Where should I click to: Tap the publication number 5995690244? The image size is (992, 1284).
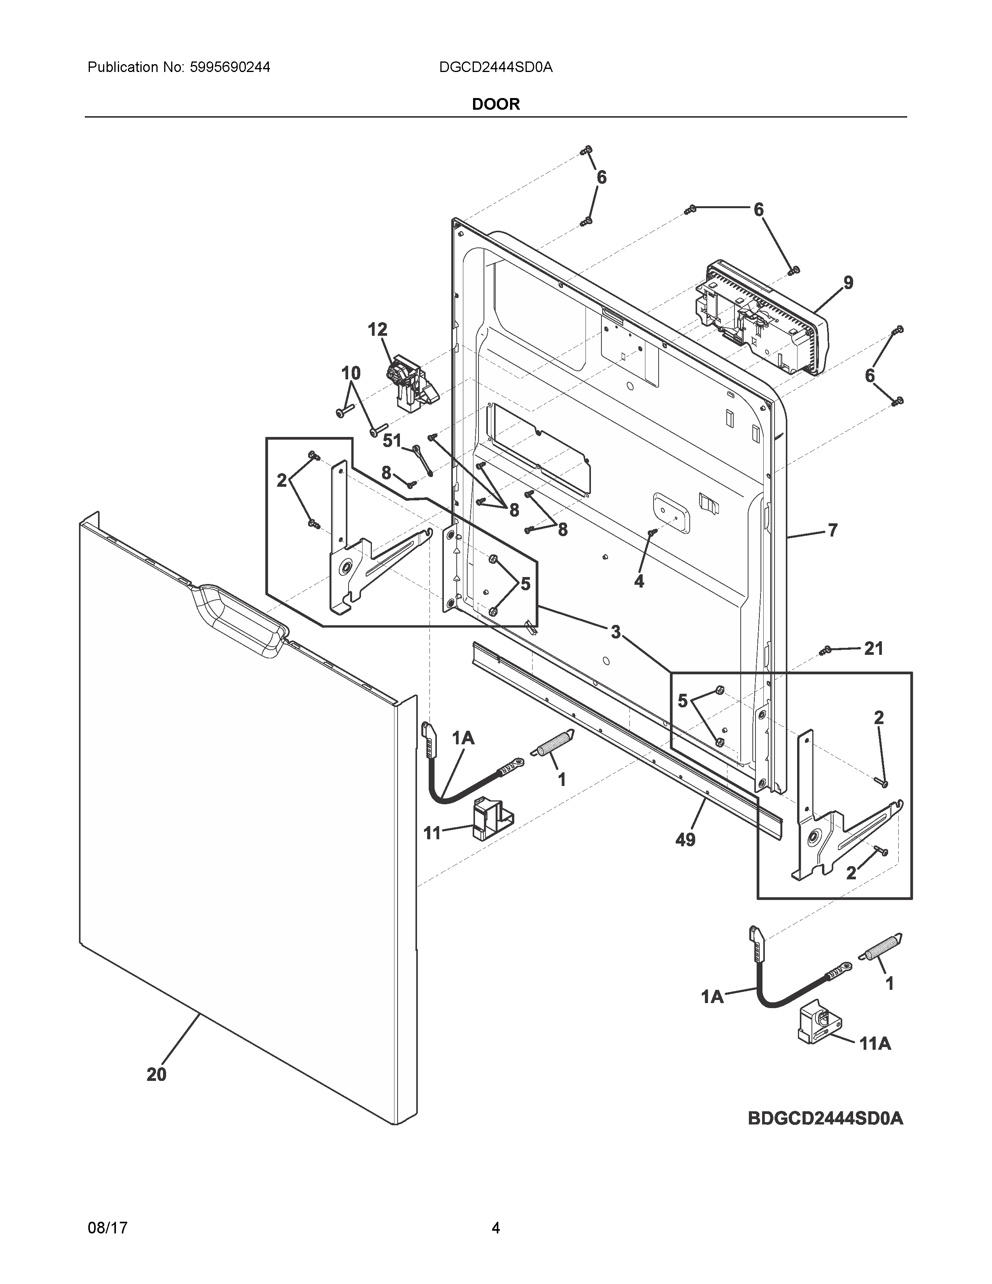[230, 68]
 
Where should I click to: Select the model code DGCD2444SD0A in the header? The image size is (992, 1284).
[495, 68]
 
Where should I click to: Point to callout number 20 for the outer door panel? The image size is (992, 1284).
[156, 1074]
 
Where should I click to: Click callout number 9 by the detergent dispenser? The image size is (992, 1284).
[848, 283]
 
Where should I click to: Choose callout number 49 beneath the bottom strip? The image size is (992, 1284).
[685, 840]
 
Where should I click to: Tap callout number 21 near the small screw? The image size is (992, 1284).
[873, 649]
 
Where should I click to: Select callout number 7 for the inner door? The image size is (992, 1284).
[832, 530]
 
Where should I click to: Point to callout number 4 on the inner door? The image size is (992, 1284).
[639, 581]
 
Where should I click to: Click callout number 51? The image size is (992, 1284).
[392, 440]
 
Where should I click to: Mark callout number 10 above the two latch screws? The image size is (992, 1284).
[351, 373]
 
